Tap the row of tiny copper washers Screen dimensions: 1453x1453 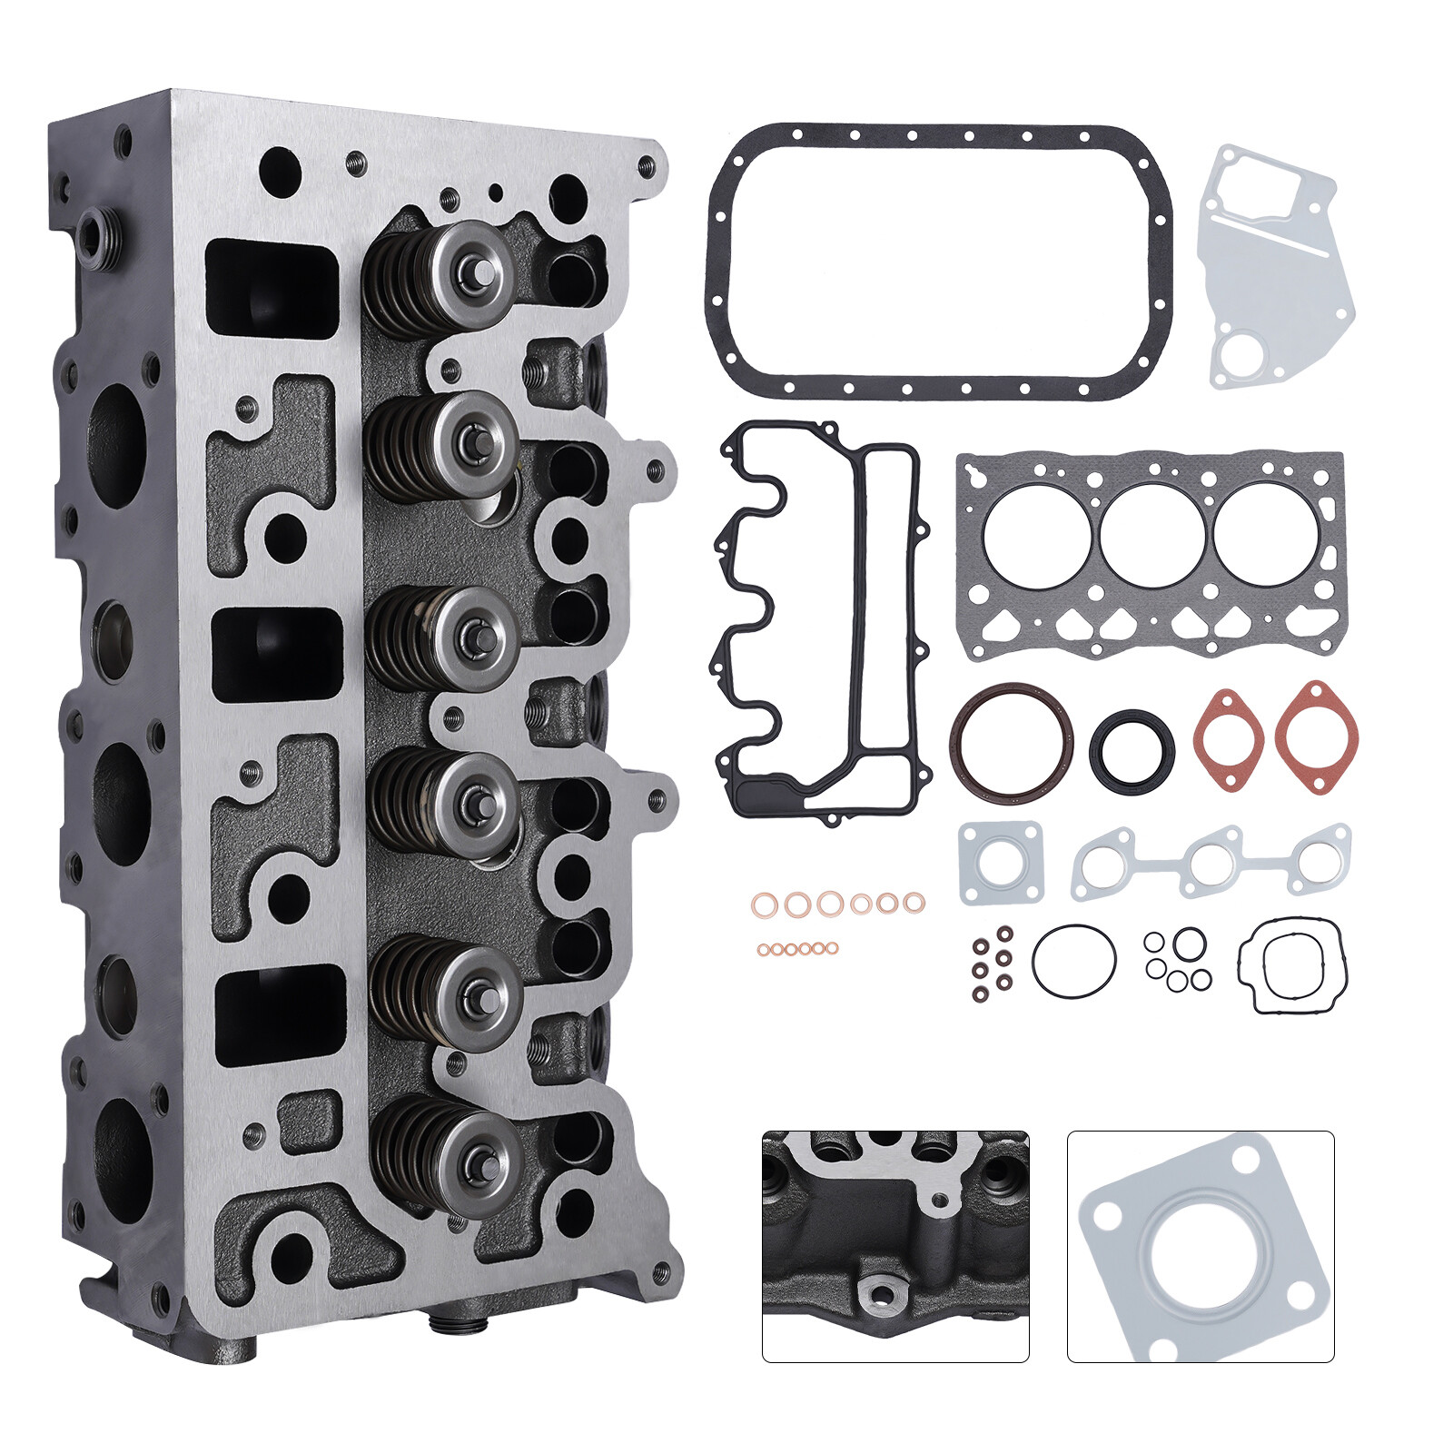pyautogui.click(x=797, y=948)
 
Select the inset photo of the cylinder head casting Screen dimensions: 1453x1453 pyautogui.click(x=895, y=1245)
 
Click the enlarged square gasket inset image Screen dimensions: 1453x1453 pyautogui.click(x=1200, y=1245)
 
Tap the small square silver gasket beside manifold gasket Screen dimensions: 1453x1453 pyautogui.click(x=1001, y=862)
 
